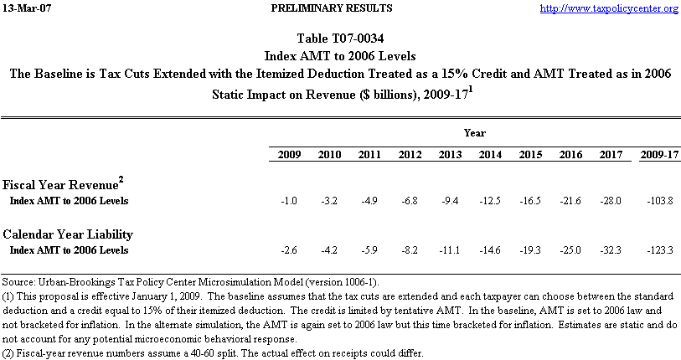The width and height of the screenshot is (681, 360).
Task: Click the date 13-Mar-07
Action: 26,8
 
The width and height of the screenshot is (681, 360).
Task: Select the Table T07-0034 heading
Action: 340,39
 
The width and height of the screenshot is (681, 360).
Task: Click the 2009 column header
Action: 288,156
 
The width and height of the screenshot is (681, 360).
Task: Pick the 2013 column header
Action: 451,156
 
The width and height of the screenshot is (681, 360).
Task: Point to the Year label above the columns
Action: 474,133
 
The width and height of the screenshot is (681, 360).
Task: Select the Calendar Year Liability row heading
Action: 68,234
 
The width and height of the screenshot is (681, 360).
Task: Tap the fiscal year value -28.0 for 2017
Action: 611,202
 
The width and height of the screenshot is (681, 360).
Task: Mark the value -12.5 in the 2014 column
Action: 492,202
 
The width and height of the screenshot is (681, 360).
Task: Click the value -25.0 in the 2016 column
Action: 571,250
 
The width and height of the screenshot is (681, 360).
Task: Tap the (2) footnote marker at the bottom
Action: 8,352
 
